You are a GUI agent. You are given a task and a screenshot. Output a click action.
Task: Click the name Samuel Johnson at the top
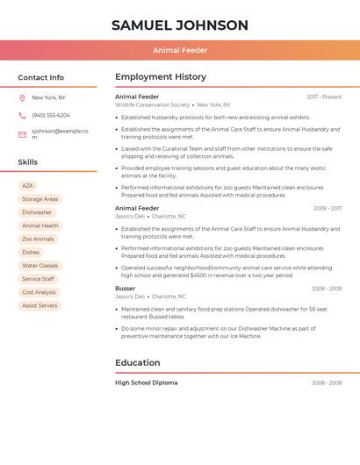180,25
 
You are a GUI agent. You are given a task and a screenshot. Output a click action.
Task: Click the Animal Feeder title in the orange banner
180,50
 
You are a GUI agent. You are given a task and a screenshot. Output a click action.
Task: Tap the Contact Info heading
40,77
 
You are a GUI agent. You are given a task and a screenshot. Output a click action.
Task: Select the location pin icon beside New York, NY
22,97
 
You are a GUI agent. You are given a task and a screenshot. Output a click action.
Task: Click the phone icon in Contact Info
22,115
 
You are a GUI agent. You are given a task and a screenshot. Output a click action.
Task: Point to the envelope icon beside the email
22,134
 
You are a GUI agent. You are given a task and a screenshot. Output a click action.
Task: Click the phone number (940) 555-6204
51,115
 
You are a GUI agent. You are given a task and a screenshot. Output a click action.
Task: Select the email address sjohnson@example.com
60,133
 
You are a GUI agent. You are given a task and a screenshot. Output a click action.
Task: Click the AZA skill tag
27,186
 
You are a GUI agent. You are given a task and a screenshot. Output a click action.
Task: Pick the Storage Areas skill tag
40,199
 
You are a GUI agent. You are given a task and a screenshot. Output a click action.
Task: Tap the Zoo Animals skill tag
38,239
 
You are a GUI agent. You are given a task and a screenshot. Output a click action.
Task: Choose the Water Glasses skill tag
40,266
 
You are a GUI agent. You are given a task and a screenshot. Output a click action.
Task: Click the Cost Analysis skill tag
39,292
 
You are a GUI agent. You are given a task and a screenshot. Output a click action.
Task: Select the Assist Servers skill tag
40,305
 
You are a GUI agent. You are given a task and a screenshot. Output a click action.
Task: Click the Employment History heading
161,77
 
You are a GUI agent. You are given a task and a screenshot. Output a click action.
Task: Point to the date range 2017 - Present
324,97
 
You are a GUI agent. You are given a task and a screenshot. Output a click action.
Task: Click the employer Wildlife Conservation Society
152,104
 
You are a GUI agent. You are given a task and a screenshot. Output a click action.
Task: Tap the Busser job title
125,288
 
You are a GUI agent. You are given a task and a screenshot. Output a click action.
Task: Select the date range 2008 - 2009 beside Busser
327,288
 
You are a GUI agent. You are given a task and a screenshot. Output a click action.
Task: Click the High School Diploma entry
146,383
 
